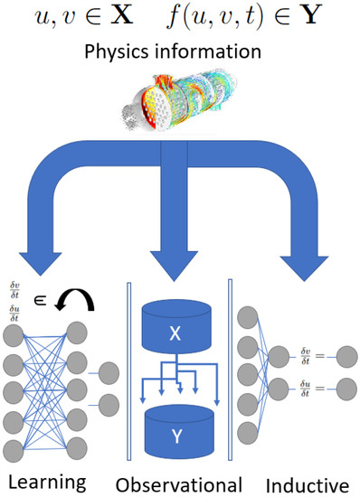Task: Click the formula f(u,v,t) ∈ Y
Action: click(255, 17)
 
